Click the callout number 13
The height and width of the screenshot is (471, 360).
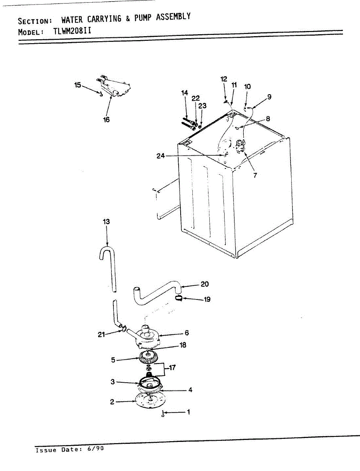click(x=106, y=222)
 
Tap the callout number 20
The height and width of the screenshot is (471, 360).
click(x=205, y=284)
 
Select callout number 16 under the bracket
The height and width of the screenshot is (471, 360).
click(x=106, y=120)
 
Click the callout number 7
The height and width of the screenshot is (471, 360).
click(x=255, y=175)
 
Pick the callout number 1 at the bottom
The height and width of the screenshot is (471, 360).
click(x=188, y=412)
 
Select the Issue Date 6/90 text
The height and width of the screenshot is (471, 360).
click(x=69, y=449)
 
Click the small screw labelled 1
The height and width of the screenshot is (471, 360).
click(x=163, y=413)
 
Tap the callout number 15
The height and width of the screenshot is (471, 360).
click(x=77, y=85)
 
